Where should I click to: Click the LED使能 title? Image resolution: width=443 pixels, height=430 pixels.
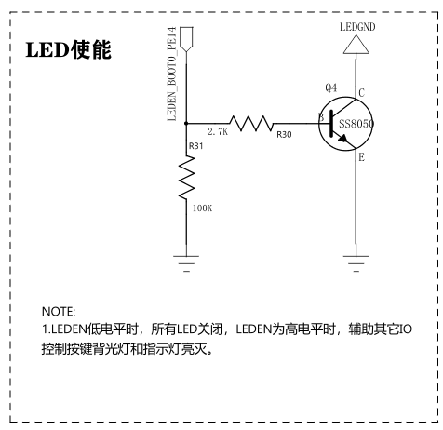click(68, 49)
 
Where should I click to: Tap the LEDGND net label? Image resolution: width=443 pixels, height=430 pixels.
click(357, 27)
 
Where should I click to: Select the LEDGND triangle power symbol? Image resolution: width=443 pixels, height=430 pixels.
click(356, 45)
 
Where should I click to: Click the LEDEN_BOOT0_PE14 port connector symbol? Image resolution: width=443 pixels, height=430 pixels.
click(186, 39)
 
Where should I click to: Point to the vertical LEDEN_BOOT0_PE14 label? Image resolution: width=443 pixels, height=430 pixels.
click(171, 74)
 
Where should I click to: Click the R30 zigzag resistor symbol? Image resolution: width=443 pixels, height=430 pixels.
click(251, 124)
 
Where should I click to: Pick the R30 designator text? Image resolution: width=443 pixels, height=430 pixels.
click(284, 135)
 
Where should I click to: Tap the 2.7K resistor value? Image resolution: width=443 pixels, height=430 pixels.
click(218, 132)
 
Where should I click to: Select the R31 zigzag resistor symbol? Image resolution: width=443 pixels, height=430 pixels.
click(186, 177)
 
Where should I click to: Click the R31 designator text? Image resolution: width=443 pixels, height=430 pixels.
click(196, 146)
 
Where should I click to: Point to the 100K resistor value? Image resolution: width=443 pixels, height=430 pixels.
click(203, 208)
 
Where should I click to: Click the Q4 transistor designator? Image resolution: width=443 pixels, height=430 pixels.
click(331, 87)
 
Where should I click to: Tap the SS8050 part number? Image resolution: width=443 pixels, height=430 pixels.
click(356, 124)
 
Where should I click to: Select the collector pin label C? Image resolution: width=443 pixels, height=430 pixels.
click(361, 93)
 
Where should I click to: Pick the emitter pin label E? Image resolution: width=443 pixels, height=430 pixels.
click(362, 157)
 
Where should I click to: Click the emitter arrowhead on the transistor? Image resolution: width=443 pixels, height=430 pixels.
click(342, 139)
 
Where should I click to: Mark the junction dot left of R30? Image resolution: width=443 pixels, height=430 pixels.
click(186, 123)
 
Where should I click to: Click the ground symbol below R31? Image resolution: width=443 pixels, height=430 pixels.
click(186, 263)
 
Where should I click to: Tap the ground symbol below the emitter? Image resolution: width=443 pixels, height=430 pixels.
click(356, 263)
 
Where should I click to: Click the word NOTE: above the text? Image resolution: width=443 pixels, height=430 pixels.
click(59, 312)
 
